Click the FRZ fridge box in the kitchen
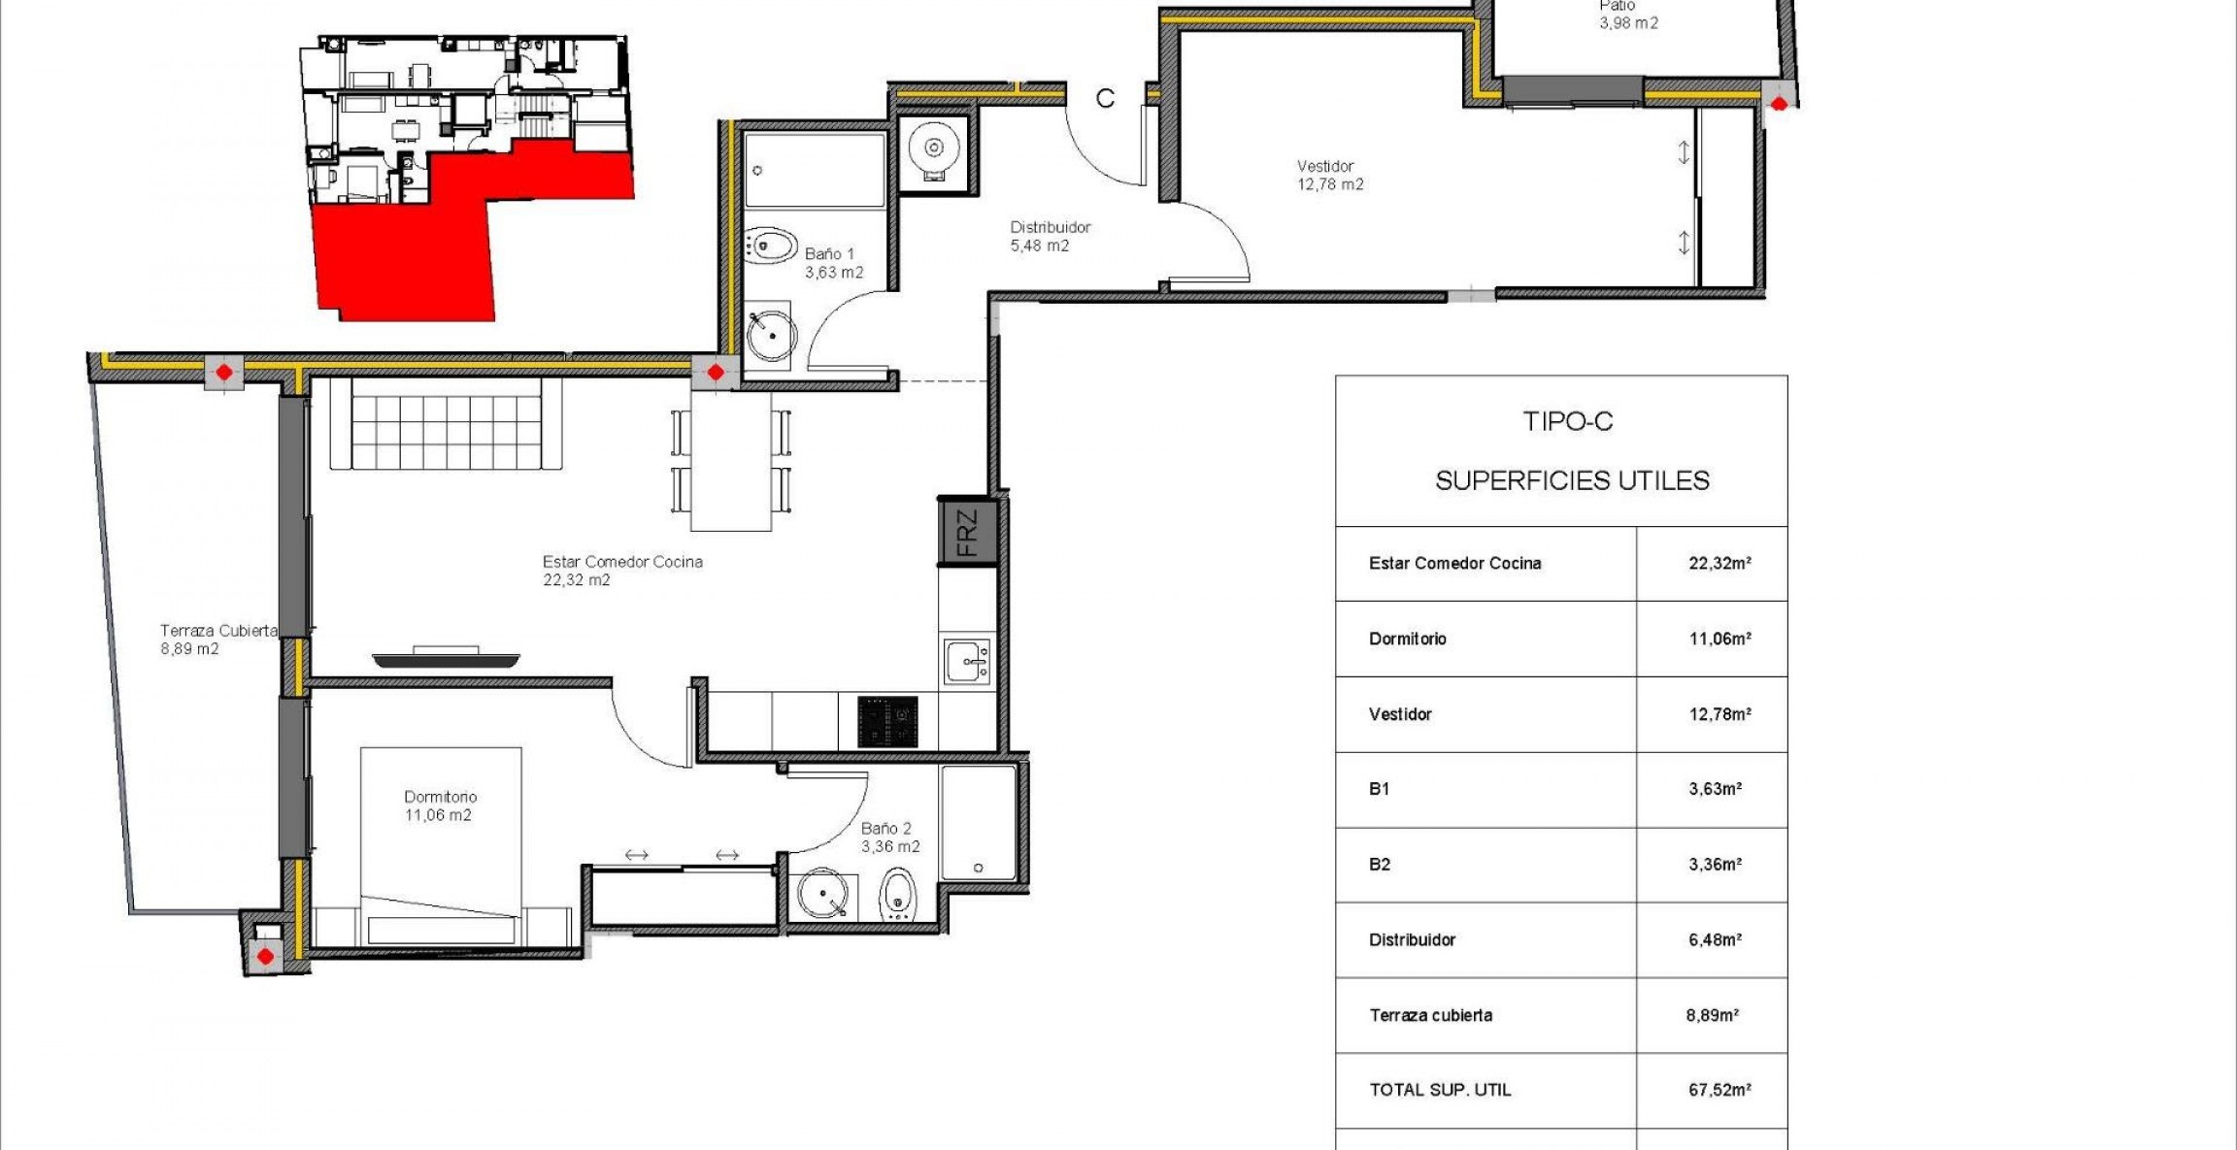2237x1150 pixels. point(967,532)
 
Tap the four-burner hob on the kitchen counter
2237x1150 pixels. point(887,721)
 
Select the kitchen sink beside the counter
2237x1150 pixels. point(967,662)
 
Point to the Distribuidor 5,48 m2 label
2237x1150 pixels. point(1050,236)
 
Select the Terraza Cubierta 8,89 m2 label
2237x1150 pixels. point(217,639)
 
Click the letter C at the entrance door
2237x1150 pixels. point(1105,99)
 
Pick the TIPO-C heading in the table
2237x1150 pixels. point(1567,421)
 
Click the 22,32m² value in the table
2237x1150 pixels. point(1719,563)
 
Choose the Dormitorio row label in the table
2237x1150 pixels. point(1407,639)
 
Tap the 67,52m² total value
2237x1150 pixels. point(1719,1090)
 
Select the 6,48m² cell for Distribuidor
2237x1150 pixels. point(1715,939)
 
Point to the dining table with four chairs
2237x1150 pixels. point(730,461)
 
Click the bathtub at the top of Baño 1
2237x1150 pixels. point(814,171)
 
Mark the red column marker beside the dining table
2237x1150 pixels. point(716,372)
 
